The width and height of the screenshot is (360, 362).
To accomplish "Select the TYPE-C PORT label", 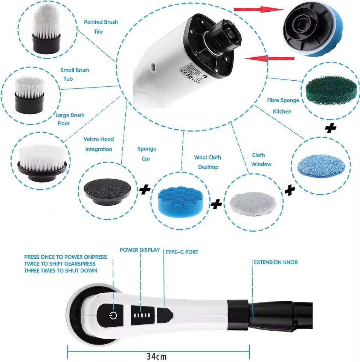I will [182, 252].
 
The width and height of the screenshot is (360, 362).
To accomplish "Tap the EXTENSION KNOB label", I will [276, 262].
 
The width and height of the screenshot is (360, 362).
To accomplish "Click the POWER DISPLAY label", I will [140, 250].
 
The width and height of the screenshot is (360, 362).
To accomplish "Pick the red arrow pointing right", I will [258, 9].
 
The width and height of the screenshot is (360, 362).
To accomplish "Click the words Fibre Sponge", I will [283, 100].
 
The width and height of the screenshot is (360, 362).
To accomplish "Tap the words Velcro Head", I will [98, 139].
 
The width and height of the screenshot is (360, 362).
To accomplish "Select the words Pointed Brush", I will [101, 22].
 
